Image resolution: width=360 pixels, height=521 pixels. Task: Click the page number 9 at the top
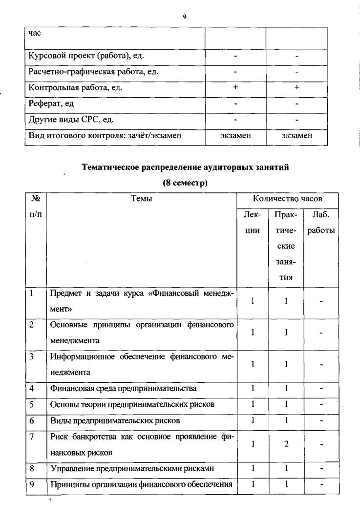click(185, 17)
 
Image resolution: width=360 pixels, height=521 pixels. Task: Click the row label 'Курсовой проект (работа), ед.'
click(86, 56)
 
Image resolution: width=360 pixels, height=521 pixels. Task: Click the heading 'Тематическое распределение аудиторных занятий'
click(185, 167)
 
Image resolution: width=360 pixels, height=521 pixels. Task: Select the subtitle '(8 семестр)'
click(185, 184)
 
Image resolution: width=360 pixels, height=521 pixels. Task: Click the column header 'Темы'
click(142, 199)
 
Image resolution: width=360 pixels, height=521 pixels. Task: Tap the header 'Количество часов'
click(287, 199)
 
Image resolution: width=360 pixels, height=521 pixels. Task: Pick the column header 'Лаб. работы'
click(321, 222)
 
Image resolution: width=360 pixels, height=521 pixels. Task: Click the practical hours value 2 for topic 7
click(286, 444)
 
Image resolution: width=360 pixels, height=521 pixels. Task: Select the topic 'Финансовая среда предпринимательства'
click(124, 389)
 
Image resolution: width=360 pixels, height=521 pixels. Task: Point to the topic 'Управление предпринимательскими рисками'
click(132, 468)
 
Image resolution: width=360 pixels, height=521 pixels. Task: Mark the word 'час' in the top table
click(35, 33)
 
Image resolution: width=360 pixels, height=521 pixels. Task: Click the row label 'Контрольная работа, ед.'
click(76, 88)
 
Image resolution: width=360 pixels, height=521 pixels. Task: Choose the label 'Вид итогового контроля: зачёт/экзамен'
click(105, 136)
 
